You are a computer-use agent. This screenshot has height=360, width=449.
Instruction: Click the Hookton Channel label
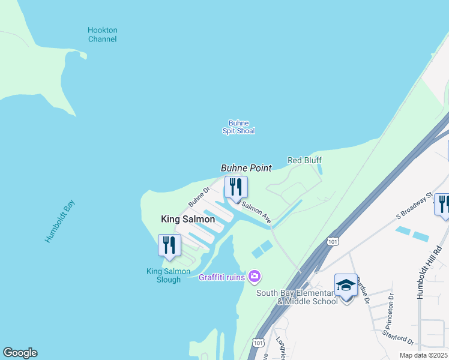102,35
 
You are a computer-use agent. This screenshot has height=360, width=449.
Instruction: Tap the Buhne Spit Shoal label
238,127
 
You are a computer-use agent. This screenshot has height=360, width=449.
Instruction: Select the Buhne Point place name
246,168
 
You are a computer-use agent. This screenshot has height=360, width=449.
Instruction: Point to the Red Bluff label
304,160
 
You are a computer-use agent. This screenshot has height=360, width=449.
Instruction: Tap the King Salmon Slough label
168,275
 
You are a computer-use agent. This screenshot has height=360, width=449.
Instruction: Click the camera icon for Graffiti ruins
255,276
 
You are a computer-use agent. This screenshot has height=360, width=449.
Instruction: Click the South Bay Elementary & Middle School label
297,297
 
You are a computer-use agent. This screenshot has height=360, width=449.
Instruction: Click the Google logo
20,353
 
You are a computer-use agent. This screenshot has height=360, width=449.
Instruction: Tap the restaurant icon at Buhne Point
235,187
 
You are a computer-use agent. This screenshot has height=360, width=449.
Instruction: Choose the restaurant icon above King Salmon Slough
169,245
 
